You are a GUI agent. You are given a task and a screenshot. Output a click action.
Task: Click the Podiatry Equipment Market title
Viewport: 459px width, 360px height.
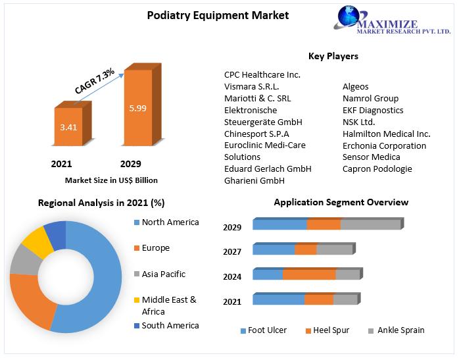[x=218, y=15]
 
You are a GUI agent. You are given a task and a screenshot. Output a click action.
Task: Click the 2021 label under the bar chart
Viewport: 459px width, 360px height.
[x=61, y=164]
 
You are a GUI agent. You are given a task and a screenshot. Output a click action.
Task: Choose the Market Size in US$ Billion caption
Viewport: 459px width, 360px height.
[x=111, y=180]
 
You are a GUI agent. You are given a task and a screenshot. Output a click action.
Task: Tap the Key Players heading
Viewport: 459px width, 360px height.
[x=333, y=56]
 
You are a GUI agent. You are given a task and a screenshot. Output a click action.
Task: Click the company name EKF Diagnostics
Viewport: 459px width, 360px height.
[x=373, y=110]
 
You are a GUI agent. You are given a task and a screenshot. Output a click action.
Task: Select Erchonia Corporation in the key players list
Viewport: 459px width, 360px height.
[x=384, y=145]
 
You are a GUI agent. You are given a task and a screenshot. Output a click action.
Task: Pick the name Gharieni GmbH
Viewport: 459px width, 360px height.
[x=254, y=180]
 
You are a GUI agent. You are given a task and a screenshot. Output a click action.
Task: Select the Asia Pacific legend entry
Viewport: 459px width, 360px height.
[x=164, y=274]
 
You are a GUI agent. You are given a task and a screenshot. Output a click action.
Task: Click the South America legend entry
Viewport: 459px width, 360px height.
[x=170, y=325]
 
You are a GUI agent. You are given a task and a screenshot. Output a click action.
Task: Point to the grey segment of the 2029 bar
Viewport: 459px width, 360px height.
[x=370, y=224]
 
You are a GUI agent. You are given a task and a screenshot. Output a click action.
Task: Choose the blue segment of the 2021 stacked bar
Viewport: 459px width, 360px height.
[x=278, y=299]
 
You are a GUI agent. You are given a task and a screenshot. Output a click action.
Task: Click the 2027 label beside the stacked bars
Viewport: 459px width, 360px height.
[x=232, y=251]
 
